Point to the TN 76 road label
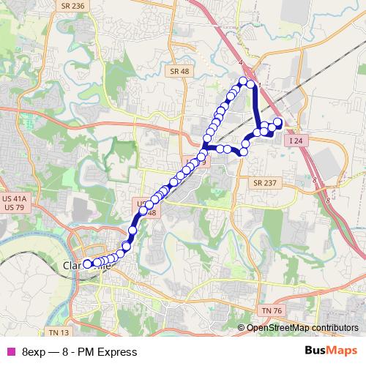coord(272,311)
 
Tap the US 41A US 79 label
coord(14,203)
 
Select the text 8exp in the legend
coord(33,352)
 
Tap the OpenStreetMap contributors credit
coord(302,327)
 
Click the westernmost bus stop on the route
coord(87,264)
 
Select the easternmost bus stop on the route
coord(278,122)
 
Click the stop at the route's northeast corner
coord(252,84)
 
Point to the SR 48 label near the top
coord(179,71)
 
